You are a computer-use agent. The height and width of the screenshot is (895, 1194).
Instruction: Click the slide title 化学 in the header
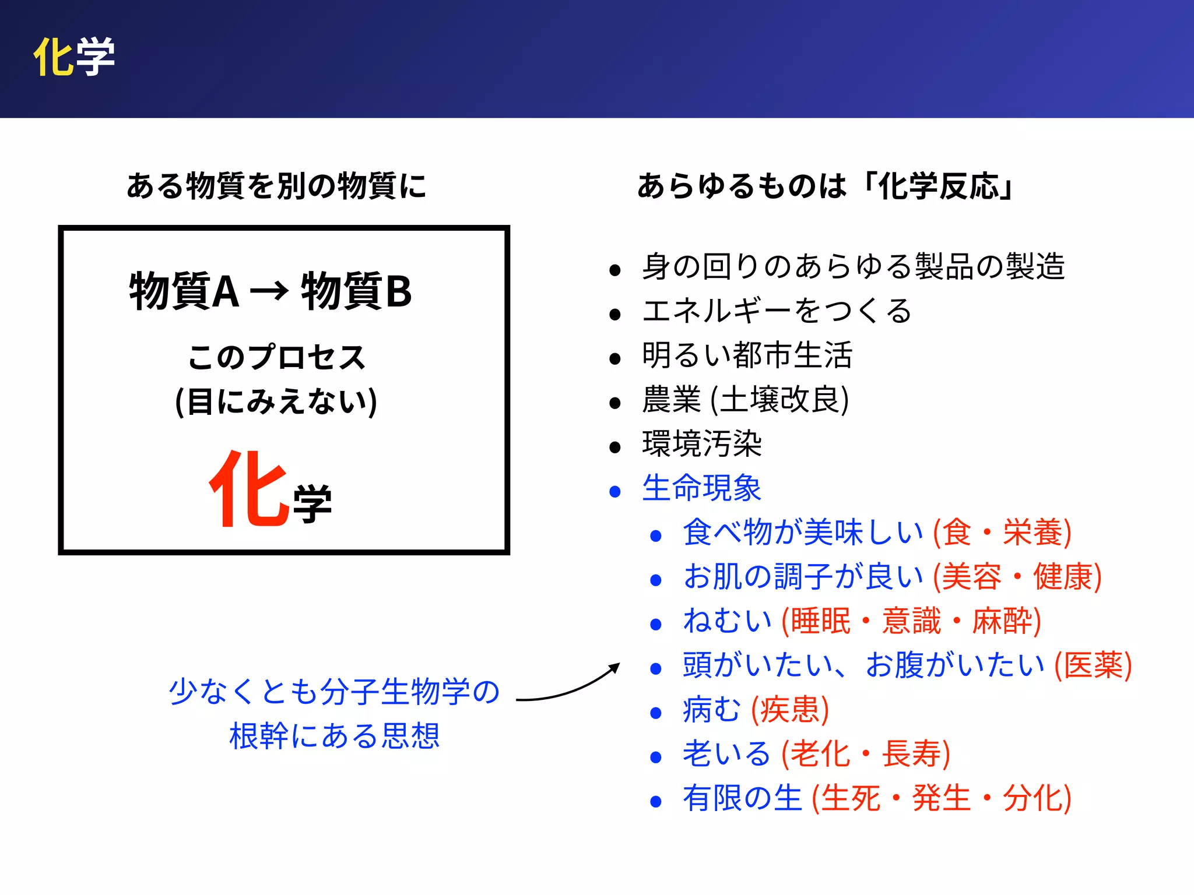tap(74, 57)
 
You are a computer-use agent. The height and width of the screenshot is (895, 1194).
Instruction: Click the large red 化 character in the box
tap(250, 489)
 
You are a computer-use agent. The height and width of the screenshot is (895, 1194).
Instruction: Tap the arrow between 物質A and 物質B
tap(269, 290)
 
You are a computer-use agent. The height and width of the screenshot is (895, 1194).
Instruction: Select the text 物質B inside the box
tap(356, 291)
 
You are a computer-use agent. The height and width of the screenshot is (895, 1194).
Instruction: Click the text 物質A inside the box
tap(184, 291)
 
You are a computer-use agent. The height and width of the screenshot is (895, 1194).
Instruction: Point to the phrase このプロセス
tap(276, 357)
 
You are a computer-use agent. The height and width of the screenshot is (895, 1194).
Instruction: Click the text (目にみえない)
tap(276, 401)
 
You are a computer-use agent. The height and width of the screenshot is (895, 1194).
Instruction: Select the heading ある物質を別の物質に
tap(276, 186)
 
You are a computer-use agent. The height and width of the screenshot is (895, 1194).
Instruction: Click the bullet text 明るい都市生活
tap(747, 355)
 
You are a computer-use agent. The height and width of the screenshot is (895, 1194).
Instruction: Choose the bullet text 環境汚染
tap(702, 443)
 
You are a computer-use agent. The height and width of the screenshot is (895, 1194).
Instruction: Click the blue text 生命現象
tap(702, 488)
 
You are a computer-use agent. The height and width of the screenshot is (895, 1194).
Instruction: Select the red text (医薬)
tap(1093, 665)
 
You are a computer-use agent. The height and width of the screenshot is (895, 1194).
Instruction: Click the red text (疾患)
tap(790, 709)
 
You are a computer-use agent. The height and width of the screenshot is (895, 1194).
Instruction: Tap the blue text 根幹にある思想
tap(335, 736)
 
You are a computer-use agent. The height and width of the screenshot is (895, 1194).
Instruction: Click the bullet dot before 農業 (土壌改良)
tap(614, 403)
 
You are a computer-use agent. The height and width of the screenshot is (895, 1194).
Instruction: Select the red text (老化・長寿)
tap(866, 753)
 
